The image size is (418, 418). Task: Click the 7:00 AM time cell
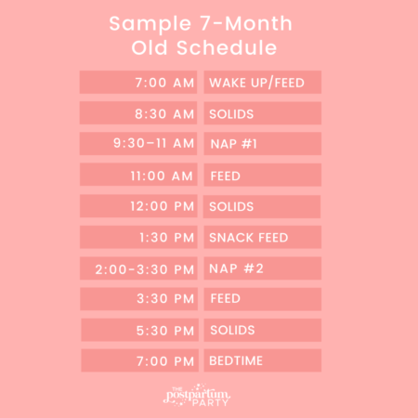pos(139,83)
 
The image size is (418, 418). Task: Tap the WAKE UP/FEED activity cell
pos(262,83)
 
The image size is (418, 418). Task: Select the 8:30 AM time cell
pos(139,113)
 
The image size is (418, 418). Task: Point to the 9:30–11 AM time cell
pos(139,144)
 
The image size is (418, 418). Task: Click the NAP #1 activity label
pos(262,144)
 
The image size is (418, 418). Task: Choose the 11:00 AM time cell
pos(139,175)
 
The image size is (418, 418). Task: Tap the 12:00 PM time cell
pos(139,205)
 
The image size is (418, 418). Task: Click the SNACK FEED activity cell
pos(262,237)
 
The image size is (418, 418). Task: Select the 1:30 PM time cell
pos(139,237)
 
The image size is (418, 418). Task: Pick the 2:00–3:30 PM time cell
pos(139,268)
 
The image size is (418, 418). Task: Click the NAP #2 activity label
pos(262,268)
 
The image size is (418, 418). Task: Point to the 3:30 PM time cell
pos(139,299)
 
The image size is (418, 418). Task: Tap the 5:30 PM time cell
pos(139,330)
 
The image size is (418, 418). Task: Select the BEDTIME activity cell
pos(262,360)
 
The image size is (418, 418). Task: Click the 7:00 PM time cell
pos(139,360)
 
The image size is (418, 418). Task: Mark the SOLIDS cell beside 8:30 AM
pos(262,113)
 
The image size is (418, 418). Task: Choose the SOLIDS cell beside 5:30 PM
pos(262,330)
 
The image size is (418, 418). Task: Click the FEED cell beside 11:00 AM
pos(262,175)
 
